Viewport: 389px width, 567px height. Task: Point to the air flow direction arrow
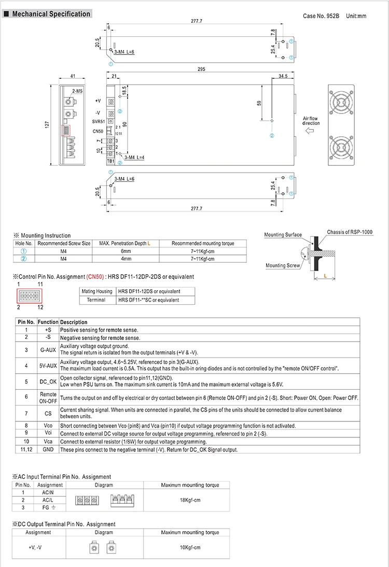(312, 132)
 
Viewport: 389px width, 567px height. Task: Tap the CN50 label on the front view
(98, 131)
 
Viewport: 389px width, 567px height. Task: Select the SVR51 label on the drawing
(99, 121)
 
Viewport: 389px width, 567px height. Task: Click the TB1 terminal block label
(110, 161)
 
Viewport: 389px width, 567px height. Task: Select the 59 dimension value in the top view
(259, 103)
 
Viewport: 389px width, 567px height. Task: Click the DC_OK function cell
(48, 382)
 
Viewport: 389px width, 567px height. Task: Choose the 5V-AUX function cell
(48, 365)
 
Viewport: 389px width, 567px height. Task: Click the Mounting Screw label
(283, 266)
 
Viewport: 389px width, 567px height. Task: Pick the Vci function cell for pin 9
(48, 433)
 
